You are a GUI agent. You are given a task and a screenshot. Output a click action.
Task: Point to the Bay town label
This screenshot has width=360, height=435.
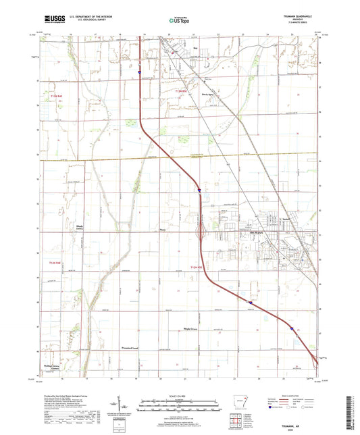(x=196, y=48)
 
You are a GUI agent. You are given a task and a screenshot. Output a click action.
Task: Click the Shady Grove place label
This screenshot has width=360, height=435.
(x=70, y=228)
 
